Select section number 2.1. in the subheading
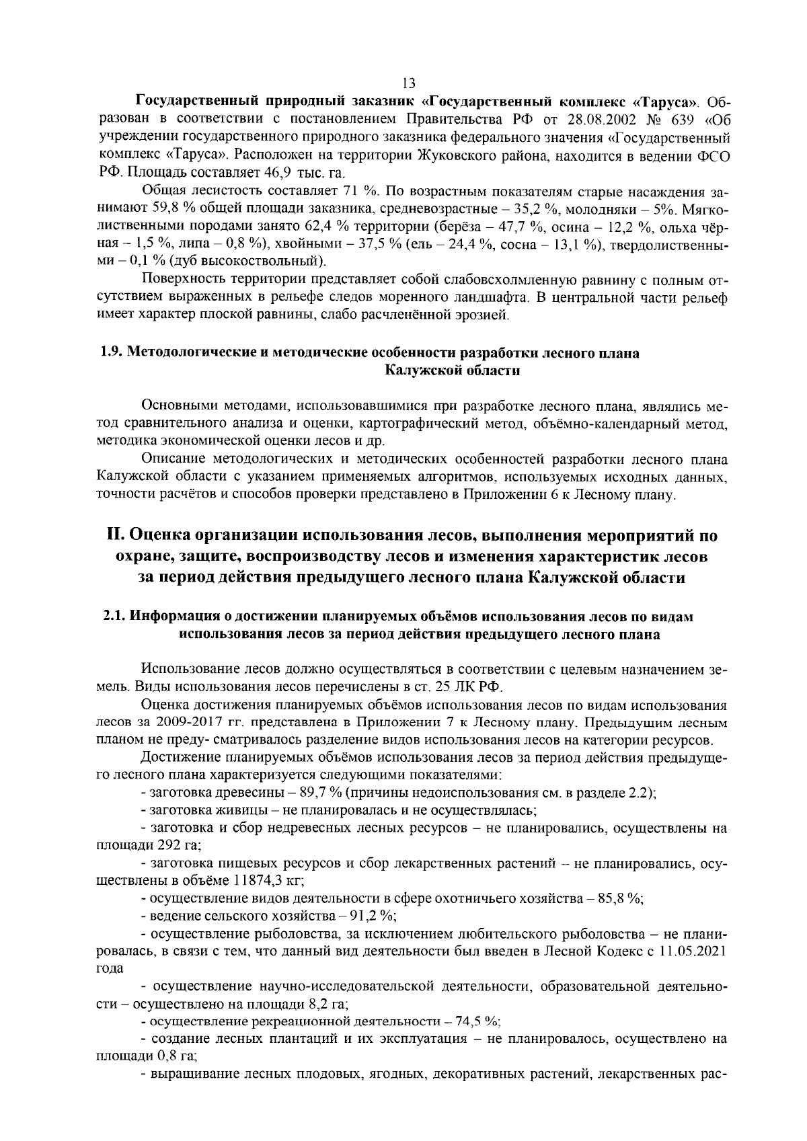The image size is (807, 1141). click(x=114, y=617)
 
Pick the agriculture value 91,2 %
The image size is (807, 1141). click(x=367, y=915)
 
